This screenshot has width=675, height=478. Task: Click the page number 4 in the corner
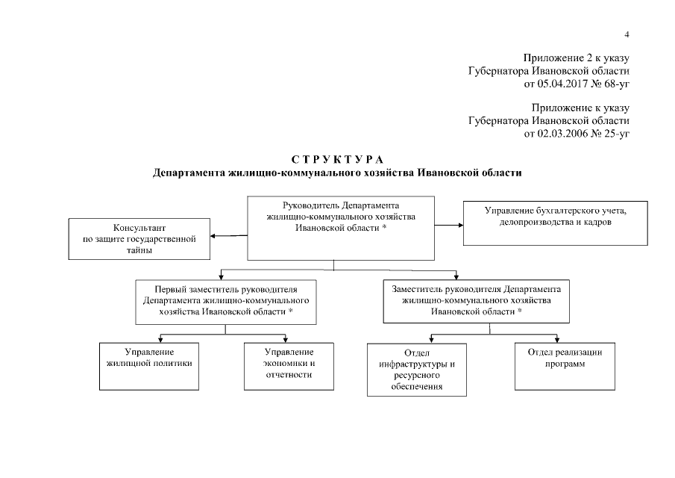pos(627,34)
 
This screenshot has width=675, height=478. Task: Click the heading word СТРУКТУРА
pos(336,160)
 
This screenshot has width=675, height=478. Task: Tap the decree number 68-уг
pos(616,83)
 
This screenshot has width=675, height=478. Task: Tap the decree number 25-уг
pos(616,134)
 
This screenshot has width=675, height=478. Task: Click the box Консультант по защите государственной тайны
pos(139,238)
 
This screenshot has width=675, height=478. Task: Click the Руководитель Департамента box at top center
pos(341,227)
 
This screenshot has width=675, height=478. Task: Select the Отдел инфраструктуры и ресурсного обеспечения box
pos(417,369)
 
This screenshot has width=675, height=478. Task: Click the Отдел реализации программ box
pos(565,366)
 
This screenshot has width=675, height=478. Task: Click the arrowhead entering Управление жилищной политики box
pos(160,339)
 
